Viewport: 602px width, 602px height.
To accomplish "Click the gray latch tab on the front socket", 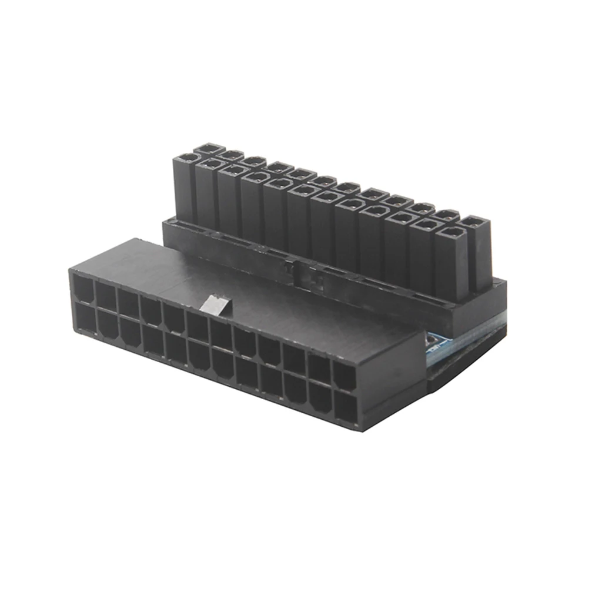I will coord(216,305).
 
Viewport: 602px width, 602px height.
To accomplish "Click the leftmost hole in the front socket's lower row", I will coord(86,317).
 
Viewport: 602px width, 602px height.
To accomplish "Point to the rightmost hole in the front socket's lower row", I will coord(346,406).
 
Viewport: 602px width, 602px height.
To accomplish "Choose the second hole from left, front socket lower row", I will coord(108,324).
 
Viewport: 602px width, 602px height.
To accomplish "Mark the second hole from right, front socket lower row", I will coord(320,398).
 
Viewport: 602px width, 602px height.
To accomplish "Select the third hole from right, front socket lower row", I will coord(295,390).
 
